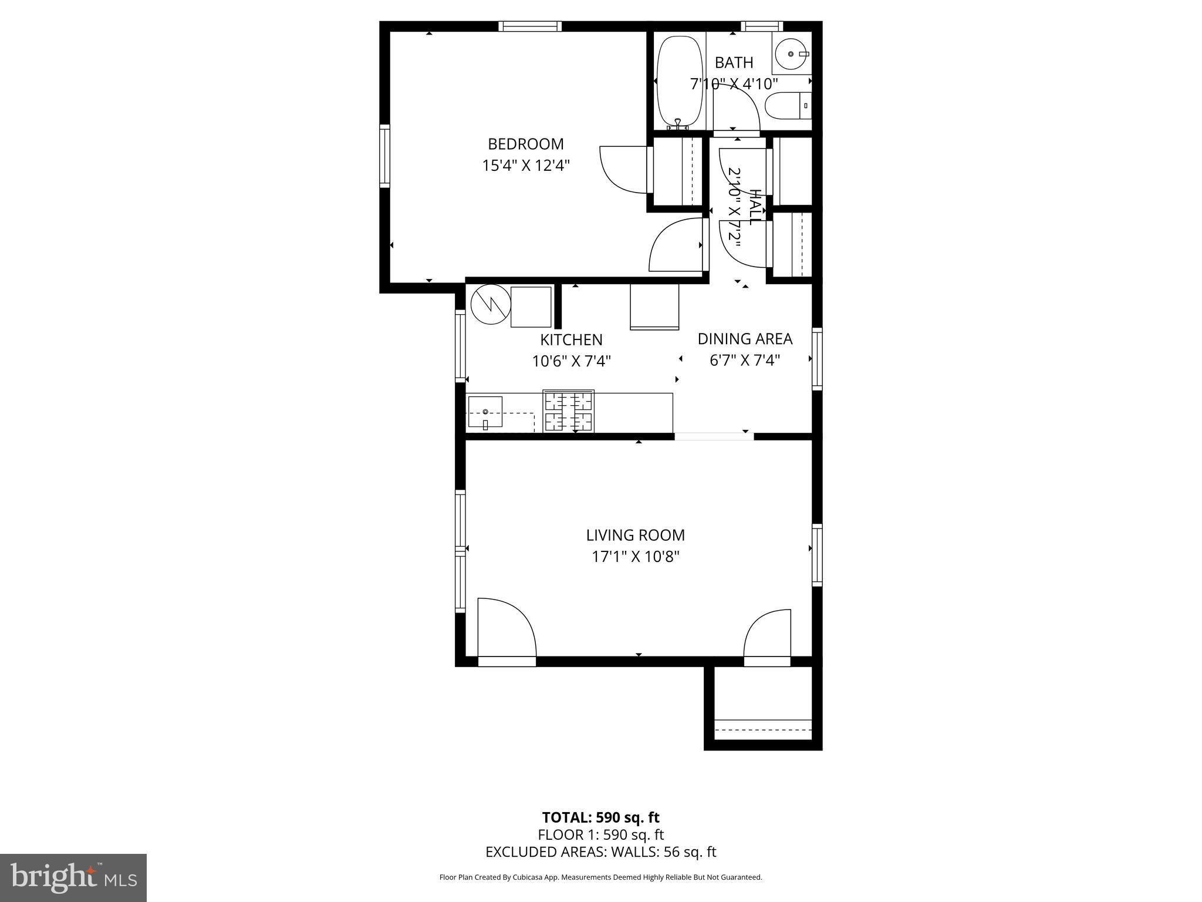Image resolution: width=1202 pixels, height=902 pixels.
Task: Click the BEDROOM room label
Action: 526,144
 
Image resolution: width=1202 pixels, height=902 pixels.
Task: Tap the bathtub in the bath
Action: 680,82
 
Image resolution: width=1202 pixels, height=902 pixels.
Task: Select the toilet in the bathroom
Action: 789,106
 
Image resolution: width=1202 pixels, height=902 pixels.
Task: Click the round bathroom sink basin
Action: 791,54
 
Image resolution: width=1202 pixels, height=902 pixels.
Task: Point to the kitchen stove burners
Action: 569,412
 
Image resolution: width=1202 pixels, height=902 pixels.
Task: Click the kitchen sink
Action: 485,413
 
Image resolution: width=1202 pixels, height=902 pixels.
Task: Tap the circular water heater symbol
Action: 490,304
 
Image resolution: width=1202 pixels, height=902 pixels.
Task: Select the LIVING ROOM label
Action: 636,535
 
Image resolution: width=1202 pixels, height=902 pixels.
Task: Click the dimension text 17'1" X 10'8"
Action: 636,556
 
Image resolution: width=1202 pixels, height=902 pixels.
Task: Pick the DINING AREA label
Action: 745,339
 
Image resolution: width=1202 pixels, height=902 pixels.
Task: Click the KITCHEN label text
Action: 571,339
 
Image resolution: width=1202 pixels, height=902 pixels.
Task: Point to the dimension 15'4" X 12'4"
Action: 526,165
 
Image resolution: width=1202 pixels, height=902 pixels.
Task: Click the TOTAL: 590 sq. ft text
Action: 601,817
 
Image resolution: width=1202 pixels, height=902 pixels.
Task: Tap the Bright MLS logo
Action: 73,878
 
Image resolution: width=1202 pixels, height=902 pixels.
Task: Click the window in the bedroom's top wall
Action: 530,26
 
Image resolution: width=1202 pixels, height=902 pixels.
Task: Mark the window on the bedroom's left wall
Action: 384,156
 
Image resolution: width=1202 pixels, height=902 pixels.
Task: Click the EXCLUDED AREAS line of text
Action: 601,852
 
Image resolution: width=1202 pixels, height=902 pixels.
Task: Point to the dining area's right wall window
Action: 817,358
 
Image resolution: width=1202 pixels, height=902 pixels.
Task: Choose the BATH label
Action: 734,62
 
